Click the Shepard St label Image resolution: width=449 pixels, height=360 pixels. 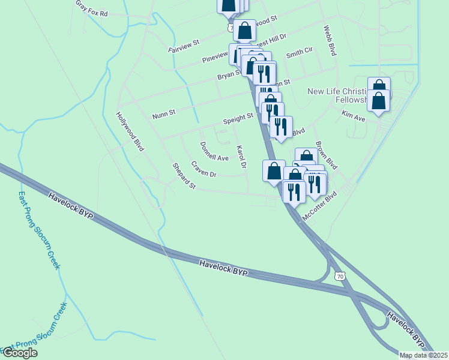click(x=184, y=176)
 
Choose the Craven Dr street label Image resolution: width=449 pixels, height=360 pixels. click(x=204, y=169)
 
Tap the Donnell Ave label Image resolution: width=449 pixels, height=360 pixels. click(x=214, y=151)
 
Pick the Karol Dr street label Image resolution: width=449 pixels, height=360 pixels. click(x=242, y=157)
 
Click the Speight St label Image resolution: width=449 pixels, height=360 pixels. click(x=235, y=120)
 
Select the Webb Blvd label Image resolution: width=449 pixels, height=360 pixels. click(x=329, y=40)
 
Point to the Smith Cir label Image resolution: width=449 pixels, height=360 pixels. click(x=300, y=54)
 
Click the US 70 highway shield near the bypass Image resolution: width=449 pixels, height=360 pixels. click(x=339, y=275)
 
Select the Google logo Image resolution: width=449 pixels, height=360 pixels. click(x=20, y=353)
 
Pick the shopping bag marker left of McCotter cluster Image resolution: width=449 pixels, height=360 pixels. click(x=274, y=170)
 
